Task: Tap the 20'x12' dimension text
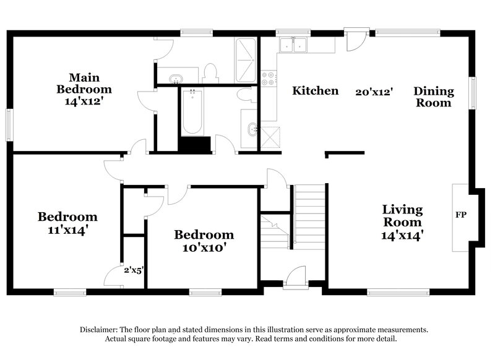pyautogui.click(x=374, y=92)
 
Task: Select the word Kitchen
pyautogui.click(x=316, y=91)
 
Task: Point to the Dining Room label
pyautogui.click(x=434, y=97)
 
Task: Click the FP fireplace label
pyautogui.click(x=461, y=215)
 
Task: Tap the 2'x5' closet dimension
pyautogui.click(x=133, y=270)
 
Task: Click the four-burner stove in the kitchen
pyautogui.click(x=269, y=79)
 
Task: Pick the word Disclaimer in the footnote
pyautogui.click(x=100, y=330)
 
